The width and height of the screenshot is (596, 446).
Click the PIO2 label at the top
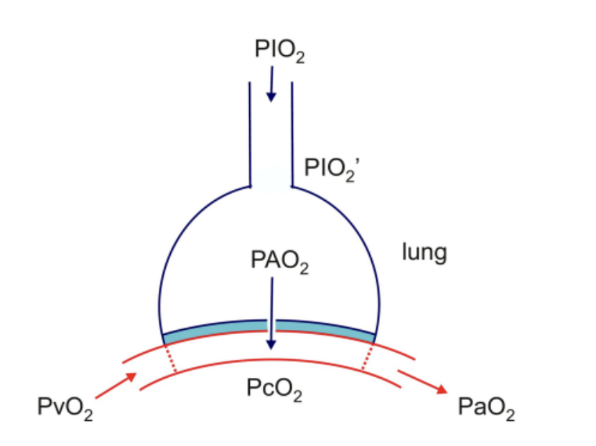[279, 50]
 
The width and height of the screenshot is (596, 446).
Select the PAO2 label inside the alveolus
[280, 262]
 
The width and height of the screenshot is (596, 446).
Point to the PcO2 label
[274, 389]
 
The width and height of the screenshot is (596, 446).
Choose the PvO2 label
[65, 408]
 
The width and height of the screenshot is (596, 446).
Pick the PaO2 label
[487, 408]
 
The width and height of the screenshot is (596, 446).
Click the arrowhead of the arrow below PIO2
[271, 97]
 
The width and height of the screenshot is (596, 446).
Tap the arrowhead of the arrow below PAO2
[271, 344]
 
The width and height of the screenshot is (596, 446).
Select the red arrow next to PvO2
[116, 386]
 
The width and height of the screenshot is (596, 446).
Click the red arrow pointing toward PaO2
[423, 382]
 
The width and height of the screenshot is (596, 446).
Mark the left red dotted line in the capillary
[170, 358]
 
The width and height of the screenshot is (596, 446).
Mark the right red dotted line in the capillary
[367, 356]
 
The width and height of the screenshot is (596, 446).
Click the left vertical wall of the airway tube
[250, 134]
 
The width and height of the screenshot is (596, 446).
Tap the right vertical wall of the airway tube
[292, 134]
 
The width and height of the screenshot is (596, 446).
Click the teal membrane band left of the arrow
[215, 328]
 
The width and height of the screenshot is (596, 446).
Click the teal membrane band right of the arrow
[325, 328]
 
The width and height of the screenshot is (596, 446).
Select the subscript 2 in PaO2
[511, 415]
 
